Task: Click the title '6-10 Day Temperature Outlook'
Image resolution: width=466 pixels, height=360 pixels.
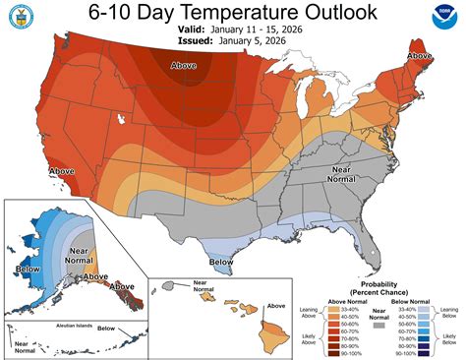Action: tap(233, 15)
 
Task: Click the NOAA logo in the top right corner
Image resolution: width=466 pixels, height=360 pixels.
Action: tap(442, 21)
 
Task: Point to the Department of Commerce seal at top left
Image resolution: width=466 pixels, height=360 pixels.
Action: tap(24, 21)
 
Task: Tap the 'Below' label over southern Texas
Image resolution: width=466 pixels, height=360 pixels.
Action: tap(222, 263)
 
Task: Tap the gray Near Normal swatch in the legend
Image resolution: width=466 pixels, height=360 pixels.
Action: tap(377, 324)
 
